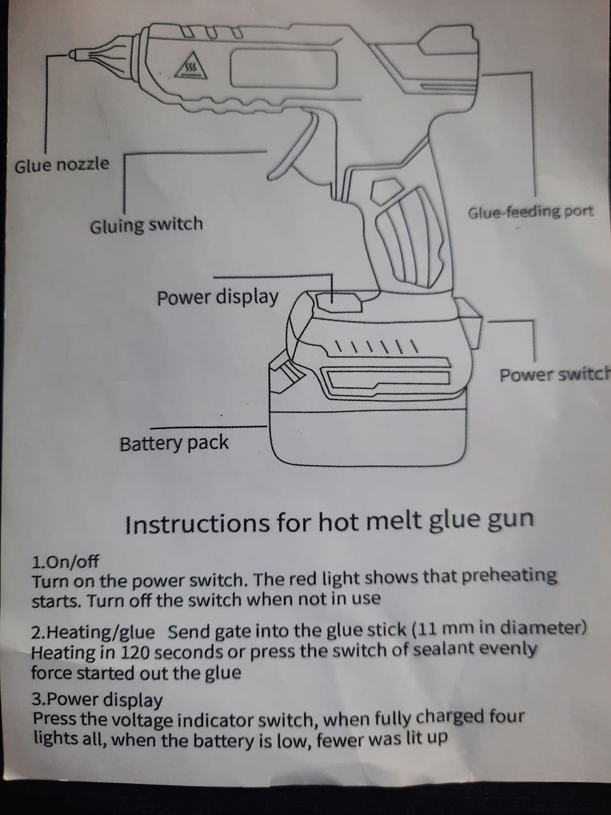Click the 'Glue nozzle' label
tap(62, 165)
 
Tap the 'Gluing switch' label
tap(146, 225)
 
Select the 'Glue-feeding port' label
tap(531, 213)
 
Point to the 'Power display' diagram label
tap(218, 298)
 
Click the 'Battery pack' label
tap(174, 444)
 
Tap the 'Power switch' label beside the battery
tap(555, 375)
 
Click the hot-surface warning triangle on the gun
tap(191, 67)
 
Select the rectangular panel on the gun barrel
tap(284, 69)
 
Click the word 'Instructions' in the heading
tap(197, 523)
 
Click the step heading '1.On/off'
tap(66, 562)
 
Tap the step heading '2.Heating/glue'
tap(93, 632)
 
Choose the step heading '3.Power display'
tap(97, 700)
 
